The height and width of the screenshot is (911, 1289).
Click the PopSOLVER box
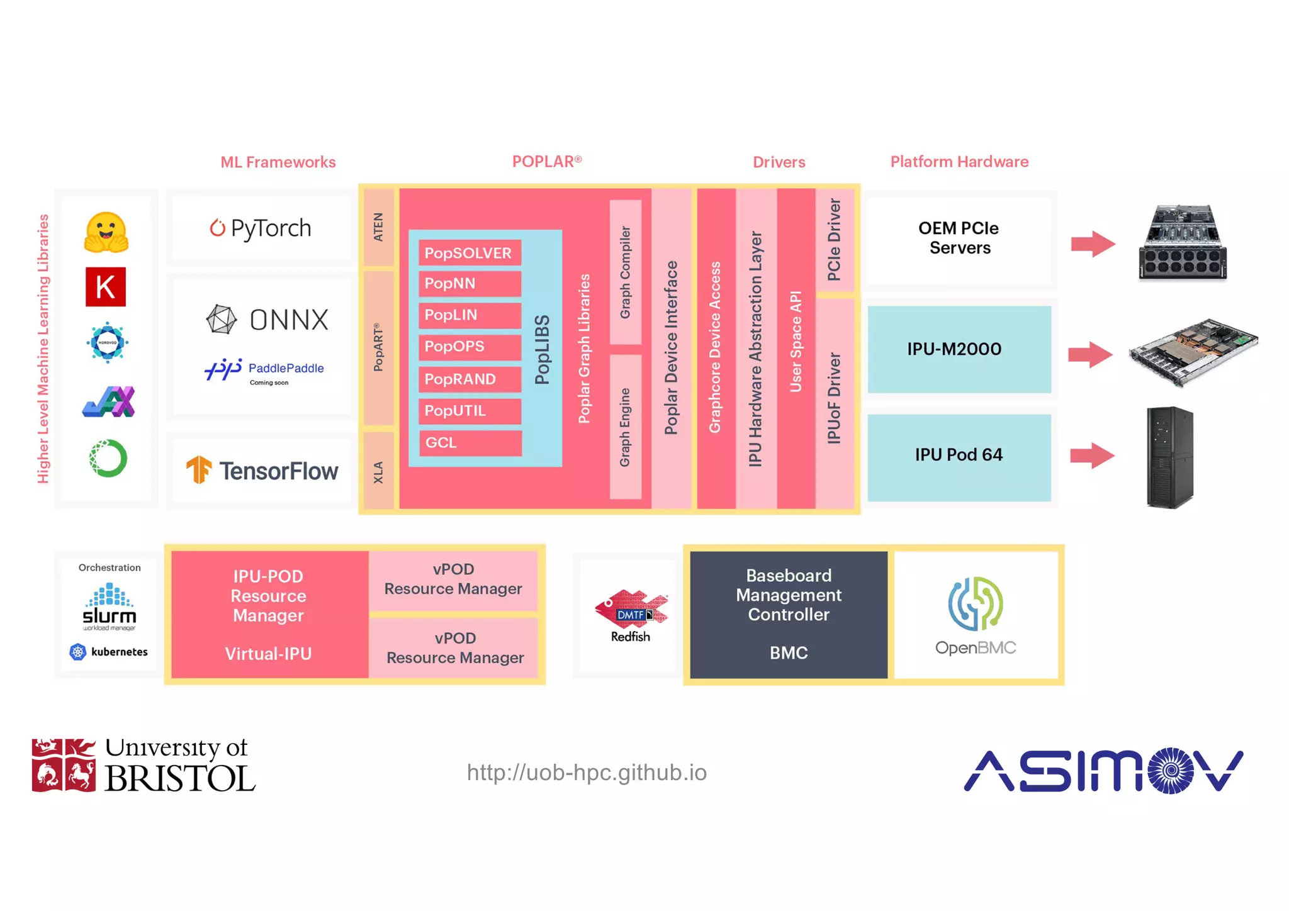(x=469, y=253)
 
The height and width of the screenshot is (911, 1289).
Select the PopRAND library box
(x=469, y=379)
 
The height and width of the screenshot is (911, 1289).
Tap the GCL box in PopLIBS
(x=469, y=442)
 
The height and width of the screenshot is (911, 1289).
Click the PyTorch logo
(x=261, y=228)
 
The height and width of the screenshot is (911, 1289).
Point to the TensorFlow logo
(x=262, y=471)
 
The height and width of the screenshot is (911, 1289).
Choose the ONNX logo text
(x=288, y=320)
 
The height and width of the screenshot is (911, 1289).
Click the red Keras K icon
(x=106, y=287)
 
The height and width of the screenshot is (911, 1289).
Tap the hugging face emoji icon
(x=106, y=233)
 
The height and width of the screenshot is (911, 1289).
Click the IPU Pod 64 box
(x=959, y=455)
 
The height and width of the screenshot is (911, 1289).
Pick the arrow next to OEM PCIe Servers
(x=1093, y=243)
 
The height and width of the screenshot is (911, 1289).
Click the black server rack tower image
(x=1169, y=457)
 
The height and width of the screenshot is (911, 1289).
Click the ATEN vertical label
(x=378, y=227)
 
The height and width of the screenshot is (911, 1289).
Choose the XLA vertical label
(x=378, y=472)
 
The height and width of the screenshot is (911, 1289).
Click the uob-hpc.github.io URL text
(x=587, y=772)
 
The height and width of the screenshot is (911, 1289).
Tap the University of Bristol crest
(x=64, y=765)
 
